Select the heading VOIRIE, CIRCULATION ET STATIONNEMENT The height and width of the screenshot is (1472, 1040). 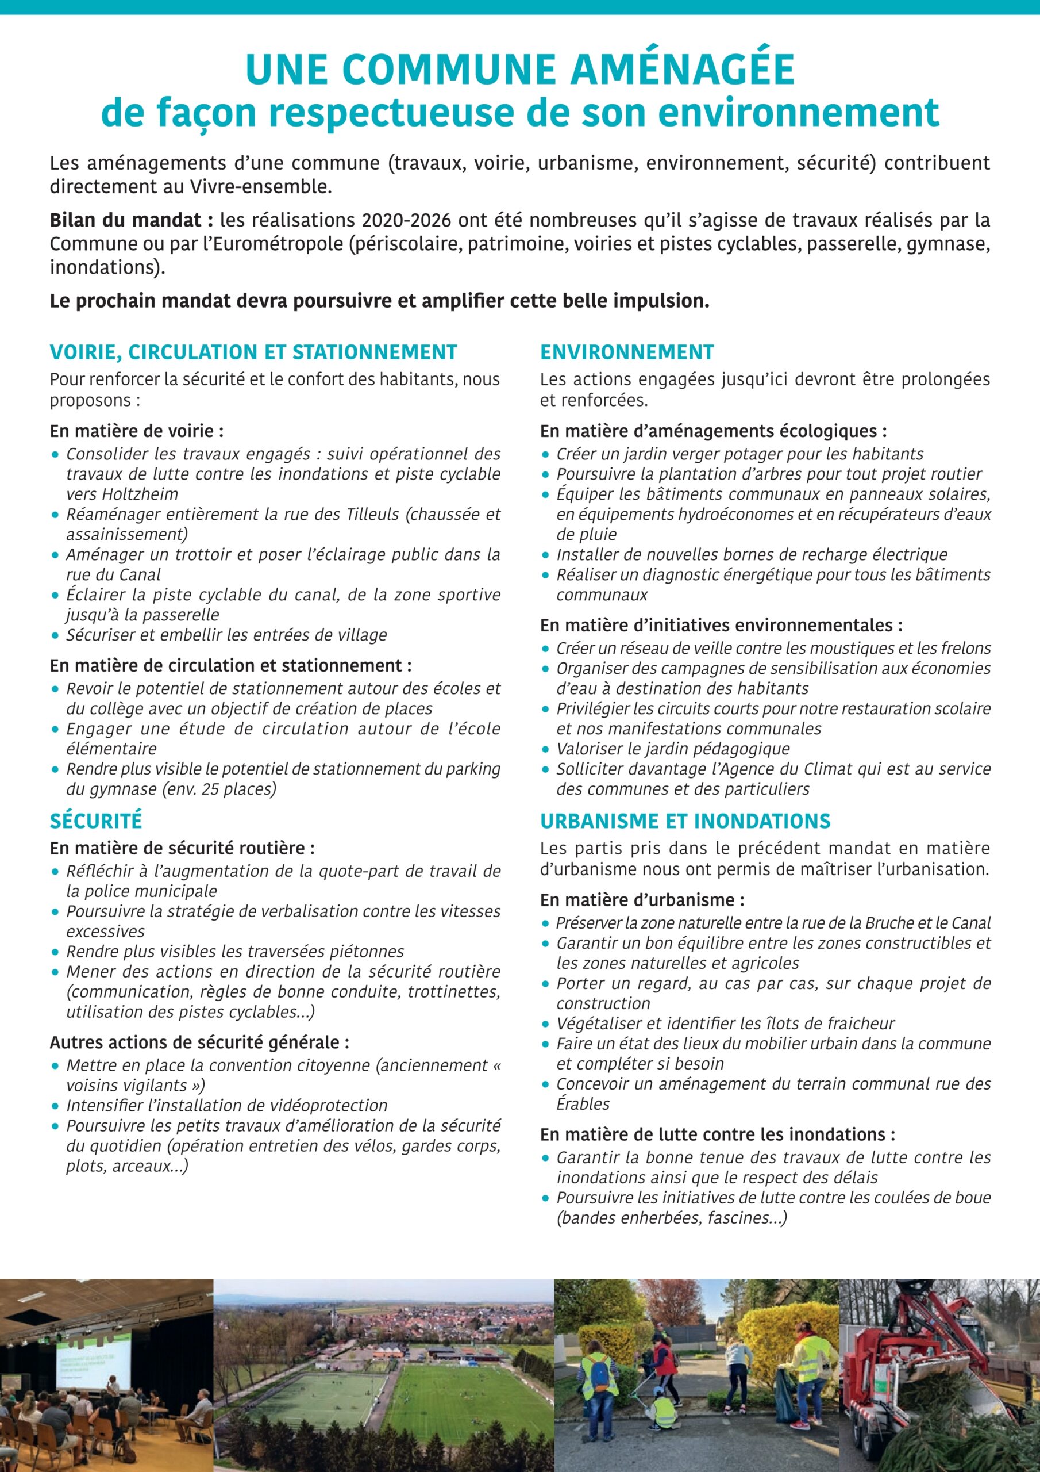click(x=253, y=352)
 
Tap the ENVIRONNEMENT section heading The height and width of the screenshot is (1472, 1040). click(x=626, y=352)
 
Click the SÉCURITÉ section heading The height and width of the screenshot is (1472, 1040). click(x=96, y=821)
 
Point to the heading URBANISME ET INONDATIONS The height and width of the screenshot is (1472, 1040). click(x=685, y=821)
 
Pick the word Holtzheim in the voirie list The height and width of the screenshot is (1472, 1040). click(x=122, y=494)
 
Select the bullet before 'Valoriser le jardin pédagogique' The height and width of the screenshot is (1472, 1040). click(x=545, y=749)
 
